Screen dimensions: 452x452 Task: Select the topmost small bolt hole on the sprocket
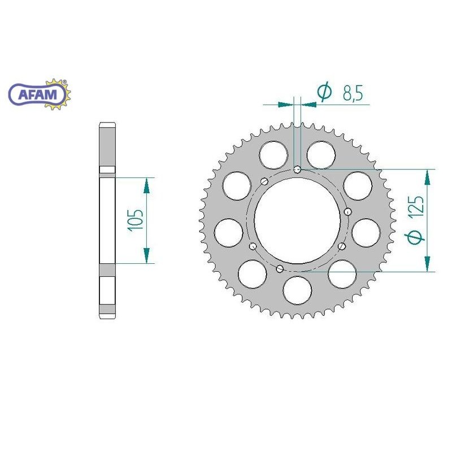click(298, 168)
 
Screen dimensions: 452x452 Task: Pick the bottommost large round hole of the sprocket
click(297, 289)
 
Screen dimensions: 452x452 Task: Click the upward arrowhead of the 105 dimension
click(147, 184)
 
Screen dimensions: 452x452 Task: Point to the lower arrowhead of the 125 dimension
click(428, 263)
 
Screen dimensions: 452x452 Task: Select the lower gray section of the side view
click(107, 291)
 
